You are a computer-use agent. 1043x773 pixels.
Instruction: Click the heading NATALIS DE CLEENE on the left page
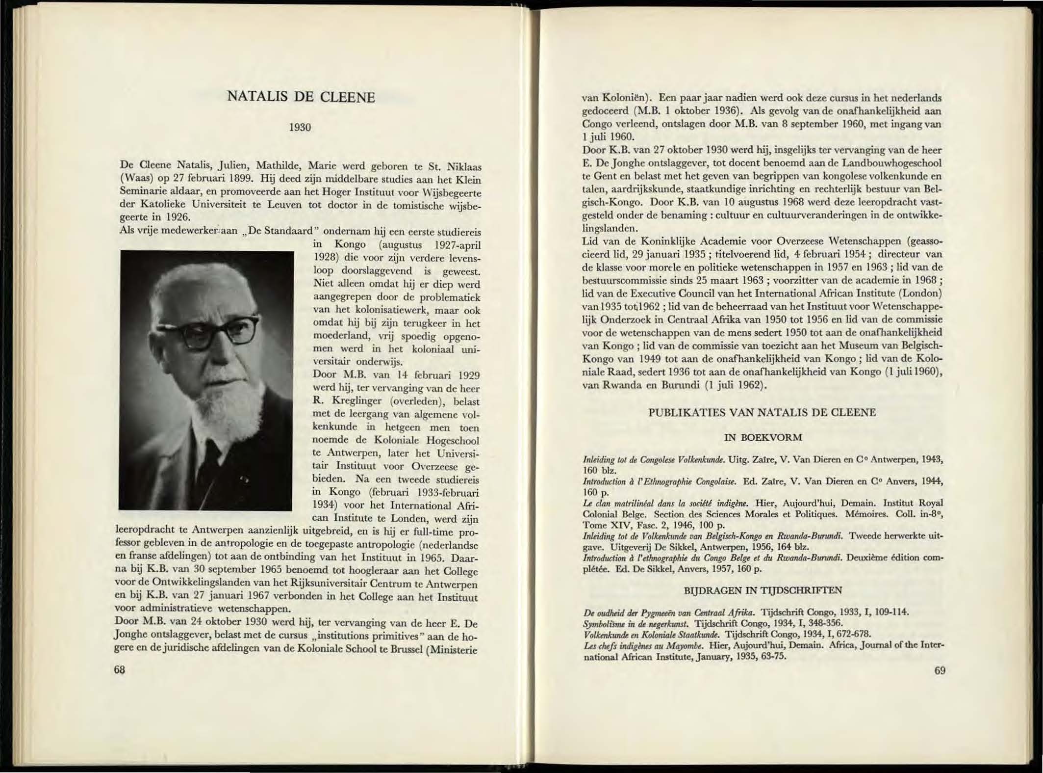point(301,97)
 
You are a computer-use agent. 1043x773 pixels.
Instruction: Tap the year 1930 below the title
point(300,128)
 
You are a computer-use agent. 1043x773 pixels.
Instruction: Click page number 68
point(120,670)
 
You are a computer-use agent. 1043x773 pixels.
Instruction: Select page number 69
point(940,670)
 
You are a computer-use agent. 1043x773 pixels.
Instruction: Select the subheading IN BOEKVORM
point(763,437)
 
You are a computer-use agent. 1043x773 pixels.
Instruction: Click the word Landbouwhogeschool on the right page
point(894,163)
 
